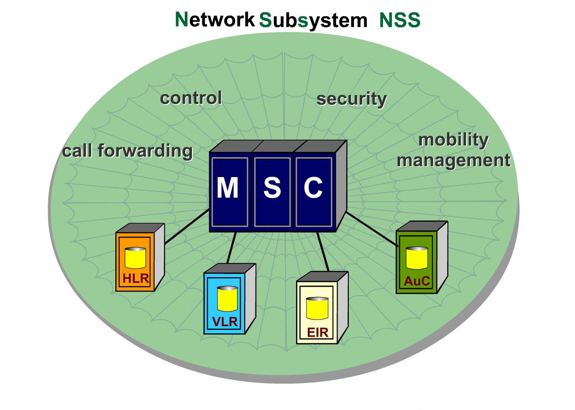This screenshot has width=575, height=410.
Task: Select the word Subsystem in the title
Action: [313, 21]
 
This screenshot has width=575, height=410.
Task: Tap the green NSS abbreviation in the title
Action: [400, 21]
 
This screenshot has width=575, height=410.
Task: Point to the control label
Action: [191, 98]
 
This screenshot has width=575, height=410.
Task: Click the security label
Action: [351, 99]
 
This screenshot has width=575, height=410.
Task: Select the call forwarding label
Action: [127, 151]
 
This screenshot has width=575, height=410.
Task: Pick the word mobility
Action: [453, 140]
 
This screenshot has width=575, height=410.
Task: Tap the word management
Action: [453, 160]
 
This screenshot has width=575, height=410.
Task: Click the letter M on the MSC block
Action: [228, 188]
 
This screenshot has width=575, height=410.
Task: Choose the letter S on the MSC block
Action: [272, 188]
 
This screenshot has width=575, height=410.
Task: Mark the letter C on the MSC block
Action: [313, 188]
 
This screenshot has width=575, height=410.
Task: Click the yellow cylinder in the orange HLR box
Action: [135, 258]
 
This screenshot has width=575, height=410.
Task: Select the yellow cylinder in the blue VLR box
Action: [227, 299]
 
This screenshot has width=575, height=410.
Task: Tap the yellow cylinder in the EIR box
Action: [317, 309]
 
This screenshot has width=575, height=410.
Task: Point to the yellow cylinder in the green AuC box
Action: [416, 258]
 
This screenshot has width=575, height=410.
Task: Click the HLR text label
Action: [136, 278]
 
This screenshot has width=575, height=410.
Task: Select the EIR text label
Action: [317, 333]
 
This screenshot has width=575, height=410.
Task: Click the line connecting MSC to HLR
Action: [187, 227]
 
